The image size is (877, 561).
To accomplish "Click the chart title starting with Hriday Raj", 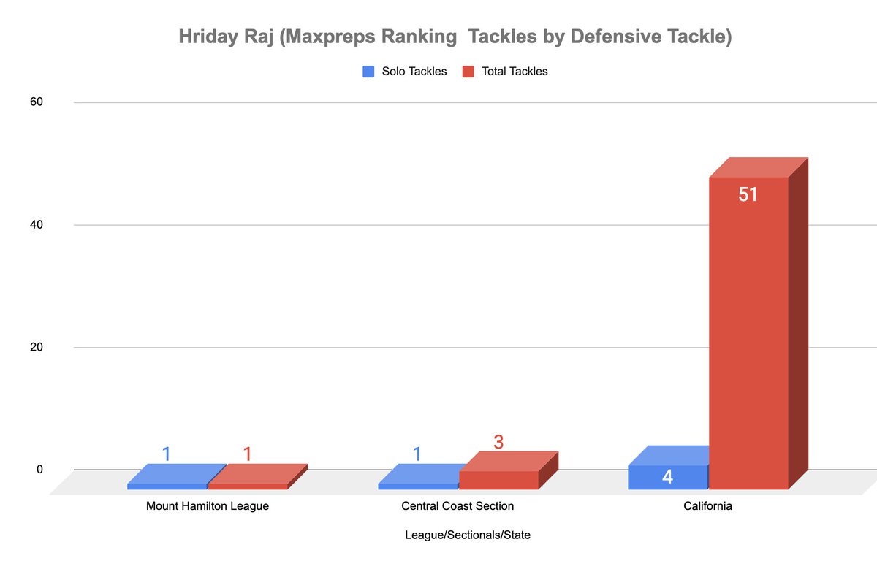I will click(455, 37).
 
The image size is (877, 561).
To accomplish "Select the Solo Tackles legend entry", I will click(405, 72).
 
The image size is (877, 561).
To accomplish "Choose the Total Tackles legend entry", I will click(505, 72).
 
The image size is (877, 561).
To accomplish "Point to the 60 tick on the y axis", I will click(37, 102).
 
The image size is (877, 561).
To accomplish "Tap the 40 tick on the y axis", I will click(37, 225).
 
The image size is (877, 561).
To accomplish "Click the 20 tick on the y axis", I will click(37, 348).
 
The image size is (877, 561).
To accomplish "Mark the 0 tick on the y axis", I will click(39, 470).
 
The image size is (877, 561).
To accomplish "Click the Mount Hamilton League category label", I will click(208, 506).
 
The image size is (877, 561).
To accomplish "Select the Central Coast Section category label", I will click(458, 506).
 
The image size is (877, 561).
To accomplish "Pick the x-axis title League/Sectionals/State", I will click(468, 535).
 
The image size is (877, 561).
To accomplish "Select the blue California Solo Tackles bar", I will click(668, 476).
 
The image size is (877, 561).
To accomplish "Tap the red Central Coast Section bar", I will click(498, 478).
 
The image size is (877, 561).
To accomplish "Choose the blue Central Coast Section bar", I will click(418, 485).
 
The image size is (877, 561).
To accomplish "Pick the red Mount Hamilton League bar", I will click(248, 485).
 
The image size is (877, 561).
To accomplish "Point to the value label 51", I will click(748, 195).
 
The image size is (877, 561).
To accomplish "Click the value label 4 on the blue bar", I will click(667, 478).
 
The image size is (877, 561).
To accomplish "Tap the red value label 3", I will click(498, 442).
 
